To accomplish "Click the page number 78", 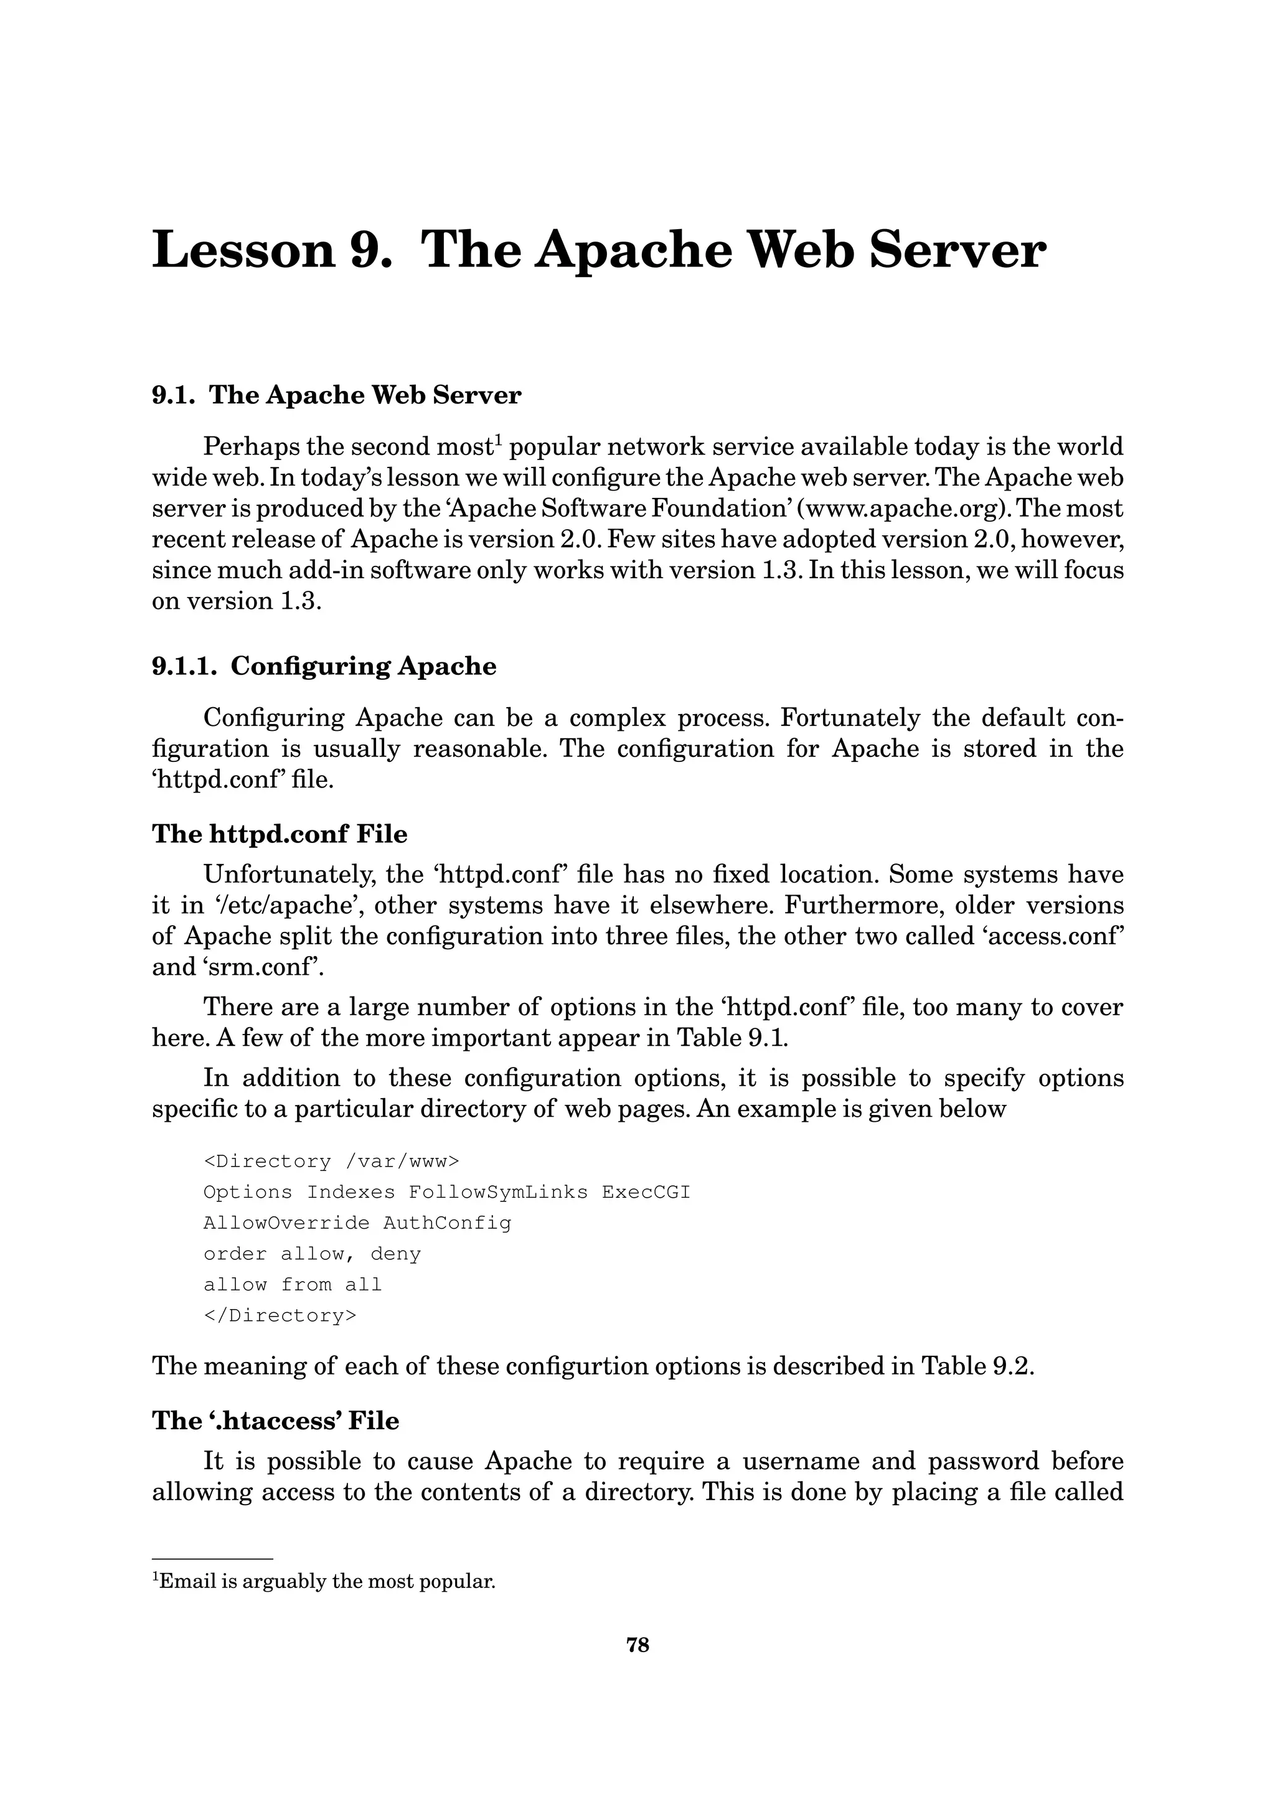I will coord(637,1645).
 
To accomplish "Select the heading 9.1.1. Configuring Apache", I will coord(324,666).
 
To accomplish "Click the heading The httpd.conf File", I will coord(280,834).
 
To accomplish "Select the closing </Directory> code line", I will coord(280,1315).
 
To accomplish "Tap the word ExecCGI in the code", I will coord(646,1192).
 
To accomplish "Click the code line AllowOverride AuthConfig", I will coord(357,1223).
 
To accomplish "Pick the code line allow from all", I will coord(292,1285).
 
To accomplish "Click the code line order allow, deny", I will coord(312,1254).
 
